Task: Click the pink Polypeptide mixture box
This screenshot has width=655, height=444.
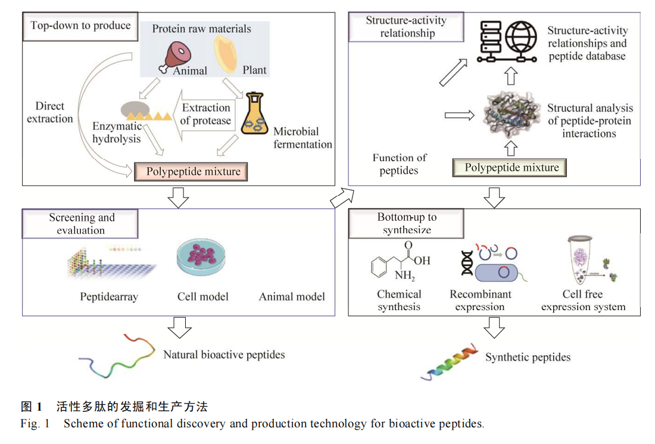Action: [x=190, y=172]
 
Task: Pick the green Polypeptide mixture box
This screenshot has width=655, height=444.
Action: [x=509, y=168]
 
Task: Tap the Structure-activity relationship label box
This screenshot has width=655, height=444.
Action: [x=406, y=27]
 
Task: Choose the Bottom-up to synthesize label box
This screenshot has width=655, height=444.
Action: [x=406, y=223]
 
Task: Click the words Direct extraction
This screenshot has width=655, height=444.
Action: [x=50, y=112]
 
